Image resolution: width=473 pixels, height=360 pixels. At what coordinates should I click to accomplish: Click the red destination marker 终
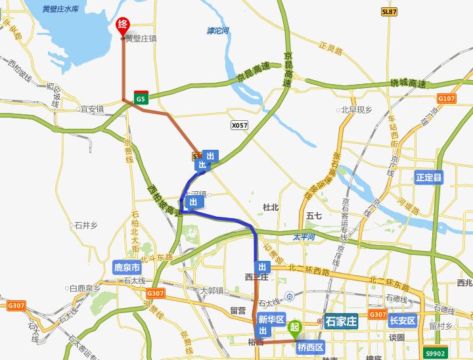(x=122, y=25)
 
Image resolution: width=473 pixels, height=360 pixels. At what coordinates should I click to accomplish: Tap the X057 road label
(x=240, y=124)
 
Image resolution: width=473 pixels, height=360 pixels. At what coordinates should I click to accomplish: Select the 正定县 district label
(x=430, y=177)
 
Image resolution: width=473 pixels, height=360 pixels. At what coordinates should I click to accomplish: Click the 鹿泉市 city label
(x=127, y=268)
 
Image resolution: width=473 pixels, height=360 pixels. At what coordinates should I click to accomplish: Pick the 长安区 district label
(x=403, y=321)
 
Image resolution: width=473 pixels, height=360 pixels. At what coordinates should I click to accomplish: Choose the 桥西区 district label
(x=311, y=347)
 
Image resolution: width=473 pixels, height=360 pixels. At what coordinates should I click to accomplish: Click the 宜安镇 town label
(x=92, y=109)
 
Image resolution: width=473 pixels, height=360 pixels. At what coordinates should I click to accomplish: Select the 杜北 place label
(x=271, y=207)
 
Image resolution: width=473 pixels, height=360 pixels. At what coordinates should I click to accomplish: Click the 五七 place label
(x=314, y=215)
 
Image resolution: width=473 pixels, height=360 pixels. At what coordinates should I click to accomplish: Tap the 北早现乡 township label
(x=356, y=110)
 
